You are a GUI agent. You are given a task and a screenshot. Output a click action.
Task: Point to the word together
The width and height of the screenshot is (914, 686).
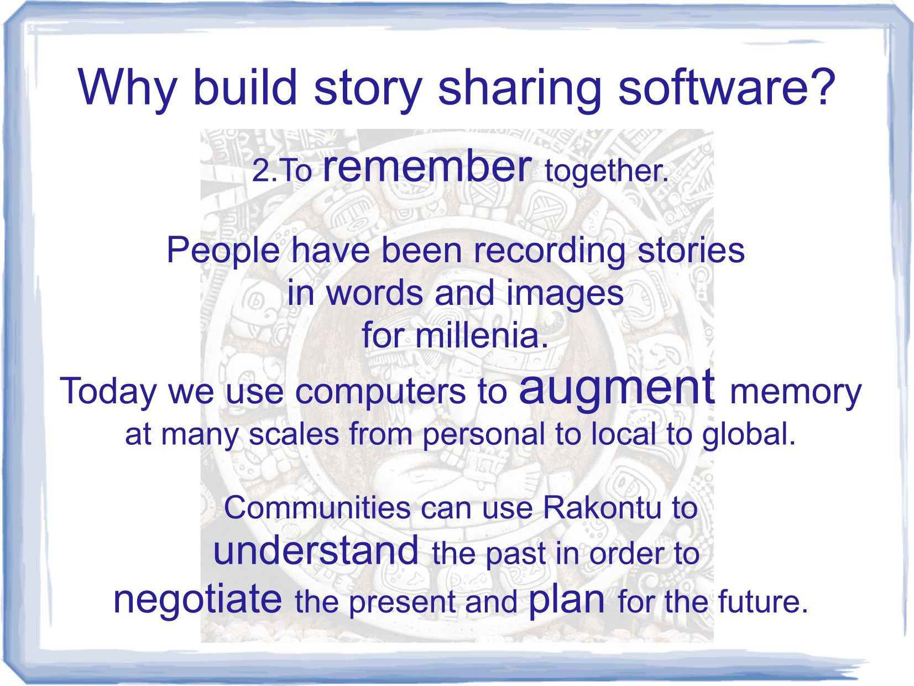click(x=606, y=171)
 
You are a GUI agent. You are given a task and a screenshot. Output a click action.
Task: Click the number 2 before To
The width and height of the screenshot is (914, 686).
click(x=262, y=170)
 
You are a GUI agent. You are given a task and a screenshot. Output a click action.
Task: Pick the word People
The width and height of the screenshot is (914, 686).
click(x=223, y=252)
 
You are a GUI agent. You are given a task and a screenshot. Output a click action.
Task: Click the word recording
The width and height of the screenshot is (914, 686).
click(x=549, y=252)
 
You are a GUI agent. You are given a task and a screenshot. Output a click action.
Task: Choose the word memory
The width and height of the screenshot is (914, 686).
click(x=795, y=393)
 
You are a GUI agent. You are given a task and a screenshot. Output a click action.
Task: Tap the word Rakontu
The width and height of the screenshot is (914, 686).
click(x=602, y=508)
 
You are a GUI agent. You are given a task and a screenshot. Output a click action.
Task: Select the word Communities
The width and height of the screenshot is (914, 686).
click(x=317, y=508)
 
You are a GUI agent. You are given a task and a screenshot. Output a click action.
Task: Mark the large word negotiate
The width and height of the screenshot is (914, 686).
click(x=198, y=599)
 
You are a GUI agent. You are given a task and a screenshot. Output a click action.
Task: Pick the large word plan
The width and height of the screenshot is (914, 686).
click(x=566, y=600)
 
